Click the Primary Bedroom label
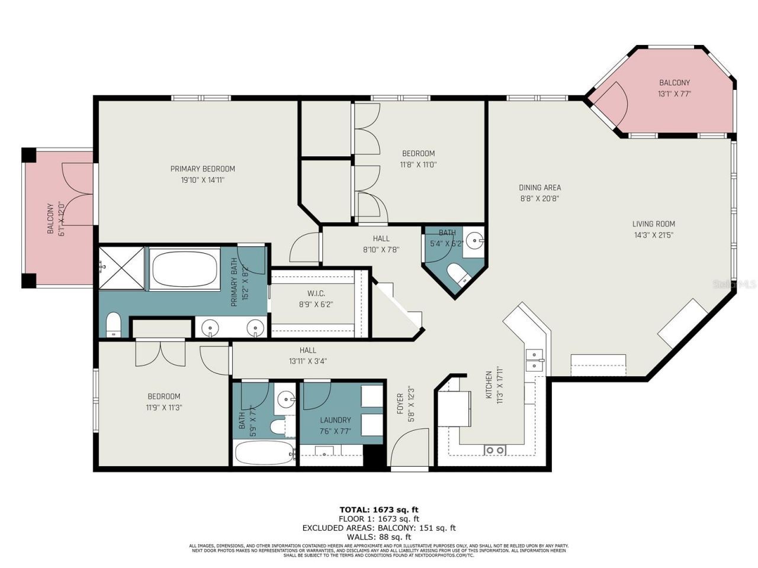[203, 169]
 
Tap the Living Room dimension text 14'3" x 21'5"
[653, 235]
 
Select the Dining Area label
[539, 188]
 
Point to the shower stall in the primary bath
[121, 269]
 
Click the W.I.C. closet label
[316, 293]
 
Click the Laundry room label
[335, 420]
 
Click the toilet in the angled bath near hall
[458, 276]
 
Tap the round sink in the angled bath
[474, 241]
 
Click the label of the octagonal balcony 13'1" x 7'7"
[674, 83]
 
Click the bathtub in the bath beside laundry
[264, 454]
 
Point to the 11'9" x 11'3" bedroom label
[164, 396]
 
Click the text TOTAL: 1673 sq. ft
[379, 509]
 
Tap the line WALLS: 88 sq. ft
[379, 537]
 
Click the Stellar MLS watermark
[734, 284]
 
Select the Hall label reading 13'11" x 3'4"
[307, 350]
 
